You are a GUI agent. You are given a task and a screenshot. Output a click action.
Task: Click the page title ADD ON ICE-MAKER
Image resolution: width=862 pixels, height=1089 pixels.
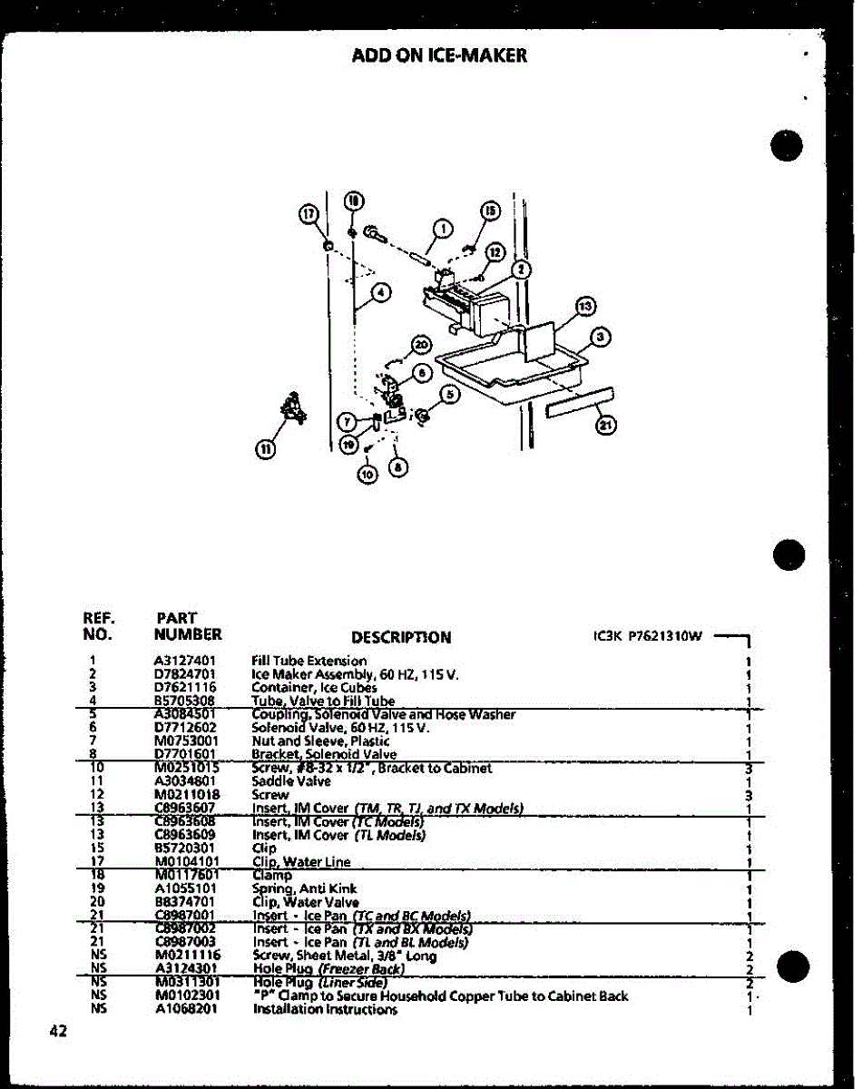tap(439, 56)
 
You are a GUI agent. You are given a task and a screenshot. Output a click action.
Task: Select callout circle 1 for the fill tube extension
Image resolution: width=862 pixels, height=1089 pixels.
tap(442, 228)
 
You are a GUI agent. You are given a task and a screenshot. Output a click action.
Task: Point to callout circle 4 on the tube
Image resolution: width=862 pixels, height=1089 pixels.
tap(381, 291)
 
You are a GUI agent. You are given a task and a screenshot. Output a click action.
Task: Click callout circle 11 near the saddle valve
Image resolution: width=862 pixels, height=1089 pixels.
tap(265, 446)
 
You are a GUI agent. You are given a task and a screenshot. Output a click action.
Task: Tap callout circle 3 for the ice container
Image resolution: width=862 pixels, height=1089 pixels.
tap(600, 338)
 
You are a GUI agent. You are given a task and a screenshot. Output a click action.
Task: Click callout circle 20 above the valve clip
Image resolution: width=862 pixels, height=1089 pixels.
tap(420, 344)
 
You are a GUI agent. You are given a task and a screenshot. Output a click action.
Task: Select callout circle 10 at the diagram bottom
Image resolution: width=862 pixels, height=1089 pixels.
tap(367, 473)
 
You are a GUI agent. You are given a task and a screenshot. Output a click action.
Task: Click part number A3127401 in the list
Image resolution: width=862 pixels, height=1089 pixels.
tap(185, 661)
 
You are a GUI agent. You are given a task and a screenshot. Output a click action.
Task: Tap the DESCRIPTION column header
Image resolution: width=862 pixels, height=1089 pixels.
tap(400, 637)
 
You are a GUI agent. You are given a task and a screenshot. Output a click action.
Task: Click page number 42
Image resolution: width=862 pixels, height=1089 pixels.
tap(60, 1030)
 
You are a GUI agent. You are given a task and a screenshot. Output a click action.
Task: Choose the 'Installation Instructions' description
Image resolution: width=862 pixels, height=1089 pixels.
tap(325, 1009)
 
